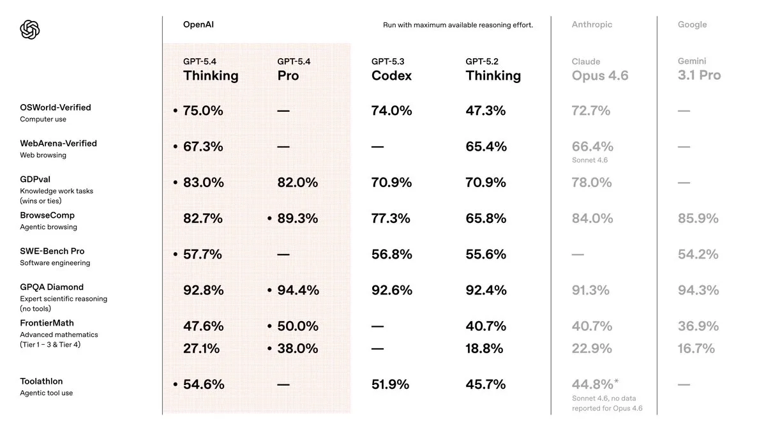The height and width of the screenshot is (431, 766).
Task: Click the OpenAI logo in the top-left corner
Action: pos(30,29)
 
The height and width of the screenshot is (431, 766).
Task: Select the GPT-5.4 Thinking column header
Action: pos(211,70)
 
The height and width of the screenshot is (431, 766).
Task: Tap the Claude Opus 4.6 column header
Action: pos(600,70)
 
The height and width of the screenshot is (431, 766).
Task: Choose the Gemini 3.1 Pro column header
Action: pos(699,70)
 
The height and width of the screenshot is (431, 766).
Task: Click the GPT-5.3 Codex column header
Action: pos(391,70)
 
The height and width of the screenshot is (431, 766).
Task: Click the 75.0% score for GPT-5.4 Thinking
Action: pos(203,110)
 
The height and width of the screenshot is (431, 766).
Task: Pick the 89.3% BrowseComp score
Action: pos(297,218)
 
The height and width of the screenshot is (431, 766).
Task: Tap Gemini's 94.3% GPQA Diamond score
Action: pos(698,290)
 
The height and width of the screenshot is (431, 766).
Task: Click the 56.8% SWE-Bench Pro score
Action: pos(391,254)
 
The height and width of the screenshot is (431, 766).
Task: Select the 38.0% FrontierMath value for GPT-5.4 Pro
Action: pos(297,349)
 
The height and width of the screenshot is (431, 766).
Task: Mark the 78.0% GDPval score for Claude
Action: pos(591,183)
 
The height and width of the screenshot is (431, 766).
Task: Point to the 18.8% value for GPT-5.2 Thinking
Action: pos(484,349)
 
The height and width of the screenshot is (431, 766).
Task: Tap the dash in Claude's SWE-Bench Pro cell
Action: pos(577,254)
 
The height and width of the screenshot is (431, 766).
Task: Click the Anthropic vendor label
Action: pos(592,24)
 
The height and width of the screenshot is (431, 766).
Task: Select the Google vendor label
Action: pos(692,24)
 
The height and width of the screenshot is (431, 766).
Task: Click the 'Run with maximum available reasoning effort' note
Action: pos(458,25)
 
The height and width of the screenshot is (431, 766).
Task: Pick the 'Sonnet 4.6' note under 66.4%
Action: pos(590,160)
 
